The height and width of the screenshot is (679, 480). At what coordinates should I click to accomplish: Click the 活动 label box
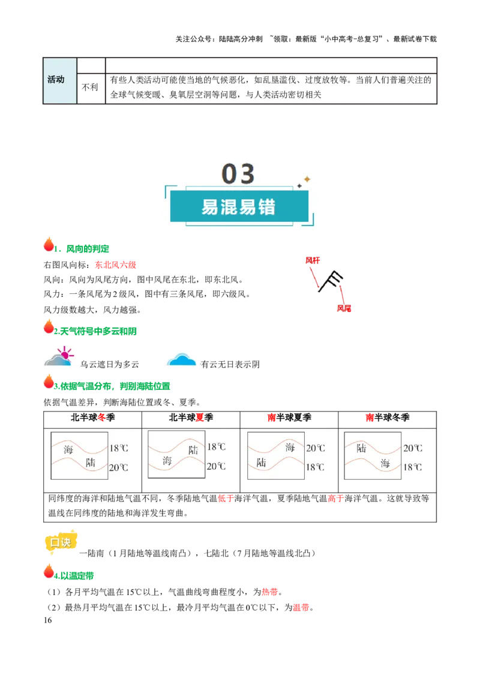click(x=59, y=80)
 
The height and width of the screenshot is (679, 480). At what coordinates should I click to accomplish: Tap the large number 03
click(x=238, y=174)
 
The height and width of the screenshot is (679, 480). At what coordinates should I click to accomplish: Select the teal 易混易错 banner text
click(x=238, y=207)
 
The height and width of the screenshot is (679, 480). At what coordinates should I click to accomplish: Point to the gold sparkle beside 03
click(x=306, y=179)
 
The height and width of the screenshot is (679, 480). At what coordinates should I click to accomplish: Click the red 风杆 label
click(x=313, y=261)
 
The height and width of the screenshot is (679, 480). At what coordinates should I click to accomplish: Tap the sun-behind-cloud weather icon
click(x=58, y=357)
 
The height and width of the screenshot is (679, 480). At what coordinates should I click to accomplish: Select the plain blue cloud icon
click(x=182, y=359)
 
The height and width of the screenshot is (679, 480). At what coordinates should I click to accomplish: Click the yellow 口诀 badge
click(x=61, y=542)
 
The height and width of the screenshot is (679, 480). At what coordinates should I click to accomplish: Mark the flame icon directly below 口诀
click(x=49, y=572)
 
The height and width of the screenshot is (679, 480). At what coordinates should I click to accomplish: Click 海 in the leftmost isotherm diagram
click(x=68, y=449)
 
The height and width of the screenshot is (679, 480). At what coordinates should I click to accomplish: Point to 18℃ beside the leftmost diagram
click(x=119, y=448)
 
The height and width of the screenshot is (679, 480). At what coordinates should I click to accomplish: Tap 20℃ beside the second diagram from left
click(x=217, y=466)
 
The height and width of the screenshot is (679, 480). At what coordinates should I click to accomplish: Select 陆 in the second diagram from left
click(x=193, y=449)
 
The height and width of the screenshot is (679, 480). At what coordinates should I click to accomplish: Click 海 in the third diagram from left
click(x=290, y=447)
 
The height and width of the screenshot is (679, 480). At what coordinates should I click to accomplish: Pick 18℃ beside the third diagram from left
click(x=315, y=467)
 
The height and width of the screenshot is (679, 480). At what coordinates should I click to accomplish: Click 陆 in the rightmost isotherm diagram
click(x=361, y=448)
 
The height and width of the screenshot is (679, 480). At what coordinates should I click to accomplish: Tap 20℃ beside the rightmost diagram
click(x=413, y=448)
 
